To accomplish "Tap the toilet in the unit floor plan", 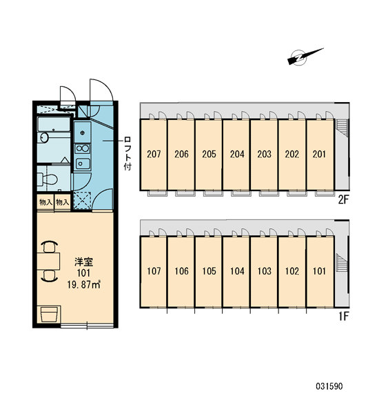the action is click(48, 179).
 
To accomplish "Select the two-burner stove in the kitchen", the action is click(82, 148).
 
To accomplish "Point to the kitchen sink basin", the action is click(83, 164).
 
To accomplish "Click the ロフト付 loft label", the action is click(127, 153).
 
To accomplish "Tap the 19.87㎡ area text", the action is click(84, 284).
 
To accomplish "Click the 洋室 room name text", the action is click(83, 262).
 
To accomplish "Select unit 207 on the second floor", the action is click(154, 155).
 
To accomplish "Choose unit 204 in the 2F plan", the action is click(236, 155).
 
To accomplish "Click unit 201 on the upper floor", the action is click(320, 155).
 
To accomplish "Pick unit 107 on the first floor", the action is click(154, 272).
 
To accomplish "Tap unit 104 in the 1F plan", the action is click(236, 272).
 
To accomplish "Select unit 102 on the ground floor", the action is click(292, 272).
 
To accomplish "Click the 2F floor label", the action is click(343, 200).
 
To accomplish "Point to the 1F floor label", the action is click(344, 316).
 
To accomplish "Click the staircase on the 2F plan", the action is click(342, 128).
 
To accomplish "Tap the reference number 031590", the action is click(329, 386).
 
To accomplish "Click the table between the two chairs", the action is click(48, 261).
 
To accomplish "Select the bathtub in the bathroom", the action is click(54, 124).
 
